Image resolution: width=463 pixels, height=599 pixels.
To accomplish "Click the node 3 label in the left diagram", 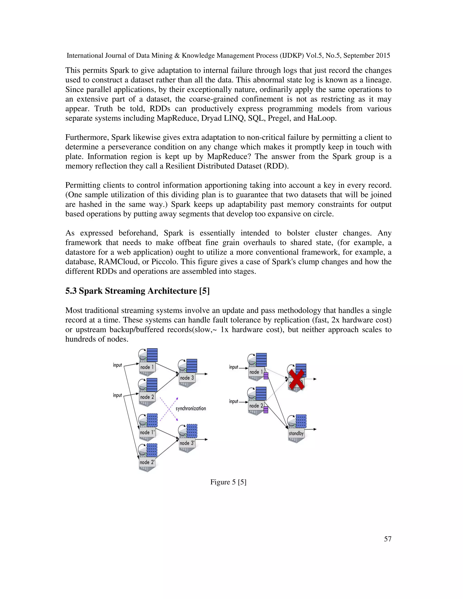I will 187,378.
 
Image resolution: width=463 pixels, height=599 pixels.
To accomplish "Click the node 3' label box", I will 187,443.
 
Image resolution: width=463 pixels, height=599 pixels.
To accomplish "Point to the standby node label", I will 296,433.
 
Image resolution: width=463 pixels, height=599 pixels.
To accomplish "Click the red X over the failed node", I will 297,379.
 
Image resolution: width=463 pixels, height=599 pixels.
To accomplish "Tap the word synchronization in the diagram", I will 191,408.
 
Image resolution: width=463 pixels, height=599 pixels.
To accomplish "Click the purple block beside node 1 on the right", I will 265,376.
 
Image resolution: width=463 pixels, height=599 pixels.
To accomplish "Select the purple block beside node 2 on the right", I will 265,410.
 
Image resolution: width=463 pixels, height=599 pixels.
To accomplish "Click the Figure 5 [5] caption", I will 228,482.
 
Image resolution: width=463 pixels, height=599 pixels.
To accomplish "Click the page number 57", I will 387,539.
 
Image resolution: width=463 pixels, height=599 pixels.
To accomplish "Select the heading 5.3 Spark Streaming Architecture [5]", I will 137,291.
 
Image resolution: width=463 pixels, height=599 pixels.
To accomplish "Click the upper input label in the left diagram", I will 117,365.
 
